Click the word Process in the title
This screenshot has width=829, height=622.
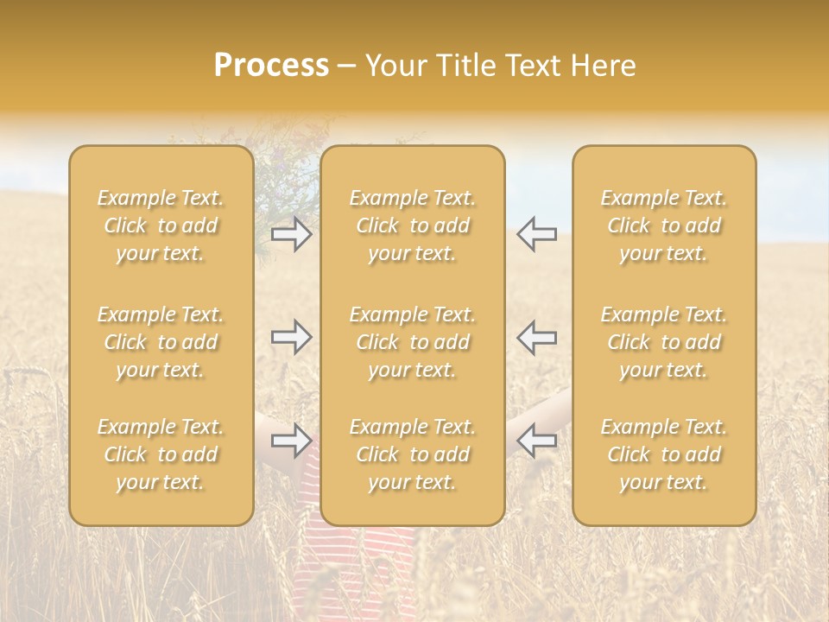click(271, 66)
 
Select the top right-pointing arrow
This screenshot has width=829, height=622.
click(291, 235)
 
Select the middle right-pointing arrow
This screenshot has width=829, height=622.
click(291, 338)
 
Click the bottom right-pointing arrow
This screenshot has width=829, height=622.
click(291, 441)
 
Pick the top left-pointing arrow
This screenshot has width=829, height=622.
click(536, 235)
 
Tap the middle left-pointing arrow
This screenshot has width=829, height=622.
click(536, 338)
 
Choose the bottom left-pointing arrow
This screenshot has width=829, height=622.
click(536, 441)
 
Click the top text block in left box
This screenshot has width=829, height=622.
click(161, 225)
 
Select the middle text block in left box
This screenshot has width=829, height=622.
click(161, 342)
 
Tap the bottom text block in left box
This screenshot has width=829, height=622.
click(161, 454)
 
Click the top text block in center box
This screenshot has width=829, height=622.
click(412, 225)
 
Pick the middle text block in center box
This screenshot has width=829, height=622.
click(412, 342)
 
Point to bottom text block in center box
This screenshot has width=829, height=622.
click(412, 454)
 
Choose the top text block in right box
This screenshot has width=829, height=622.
click(663, 225)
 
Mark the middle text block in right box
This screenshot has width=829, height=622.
click(663, 342)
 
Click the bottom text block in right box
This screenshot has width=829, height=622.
click(663, 454)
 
